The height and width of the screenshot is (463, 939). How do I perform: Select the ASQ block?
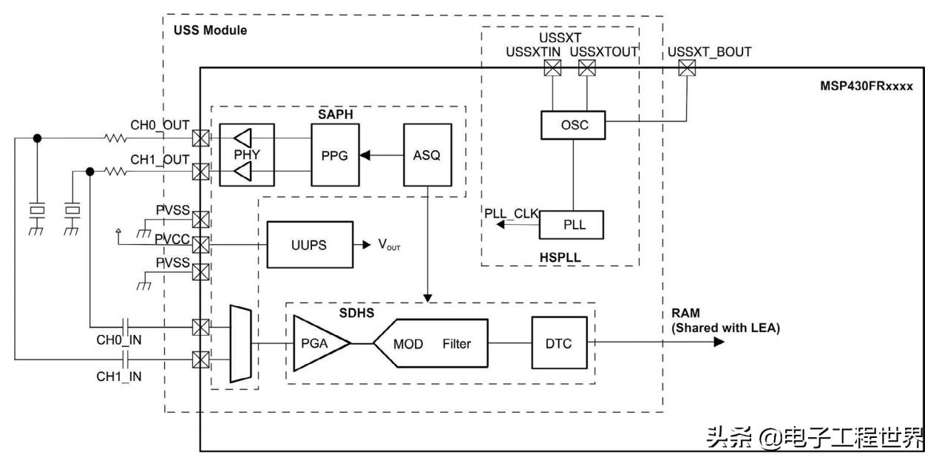[426, 155]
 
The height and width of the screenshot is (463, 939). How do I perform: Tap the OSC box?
[574, 125]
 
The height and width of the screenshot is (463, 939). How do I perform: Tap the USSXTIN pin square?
[552, 69]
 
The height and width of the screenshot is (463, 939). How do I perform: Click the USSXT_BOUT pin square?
[688, 69]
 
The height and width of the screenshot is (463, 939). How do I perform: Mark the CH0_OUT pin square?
[200, 138]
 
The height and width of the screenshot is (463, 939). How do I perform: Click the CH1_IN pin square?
[200, 360]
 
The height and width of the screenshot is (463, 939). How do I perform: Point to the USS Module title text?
[210, 31]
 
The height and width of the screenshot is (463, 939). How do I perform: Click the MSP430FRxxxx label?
[866, 87]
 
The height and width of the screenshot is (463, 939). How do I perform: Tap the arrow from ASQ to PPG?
[380, 155]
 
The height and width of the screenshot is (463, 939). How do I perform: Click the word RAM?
[685, 314]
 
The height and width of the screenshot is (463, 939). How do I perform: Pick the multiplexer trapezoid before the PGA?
[241, 345]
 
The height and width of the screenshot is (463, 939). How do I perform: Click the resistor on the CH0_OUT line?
[115, 138]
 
